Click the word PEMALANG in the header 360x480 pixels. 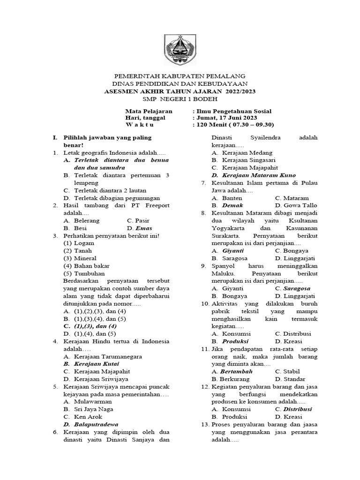(226, 76)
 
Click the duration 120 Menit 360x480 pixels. (214, 125)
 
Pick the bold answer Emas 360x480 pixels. (143, 228)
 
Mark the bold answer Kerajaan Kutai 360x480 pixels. (96, 363)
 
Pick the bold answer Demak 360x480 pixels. (232, 205)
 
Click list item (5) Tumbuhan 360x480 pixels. (84, 273)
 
